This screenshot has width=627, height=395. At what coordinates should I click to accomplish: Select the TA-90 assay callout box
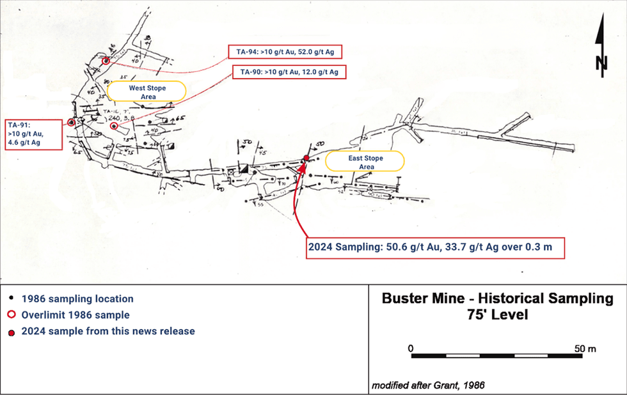pyautogui.click(x=289, y=72)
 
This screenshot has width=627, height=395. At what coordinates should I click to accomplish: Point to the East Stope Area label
pyautogui.click(x=365, y=161)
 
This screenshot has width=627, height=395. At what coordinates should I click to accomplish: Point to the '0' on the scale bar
pyautogui.click(x=410, y=348)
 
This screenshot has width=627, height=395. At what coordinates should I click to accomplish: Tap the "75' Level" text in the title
pyautogui.click(x=496, y=315)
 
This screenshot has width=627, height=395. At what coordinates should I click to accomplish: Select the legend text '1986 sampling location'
pyautogui.click(x=77, y=298)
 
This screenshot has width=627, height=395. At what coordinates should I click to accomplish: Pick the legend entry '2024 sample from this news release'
pyautogui.click(x=108, y=331)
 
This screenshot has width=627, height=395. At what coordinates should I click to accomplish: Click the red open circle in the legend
pyautogui.click(x=12, y=315)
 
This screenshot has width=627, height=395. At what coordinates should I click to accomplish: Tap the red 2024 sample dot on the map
pyautogui.click(x=306, y=158)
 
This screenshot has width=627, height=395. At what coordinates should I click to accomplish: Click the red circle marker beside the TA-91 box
pyautogui.click(x=72, y=122)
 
